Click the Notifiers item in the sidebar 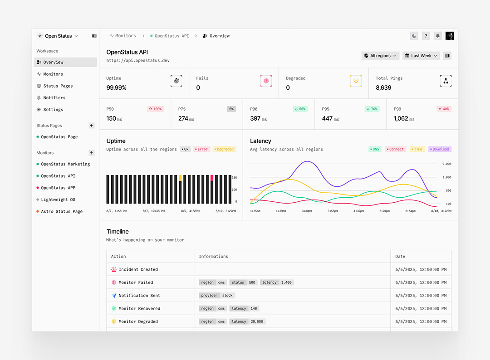[54, 97]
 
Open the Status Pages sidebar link [58, 86]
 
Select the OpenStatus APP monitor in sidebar [58, 188]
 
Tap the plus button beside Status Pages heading [92, 126]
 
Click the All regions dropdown [380, 56]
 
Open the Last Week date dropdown [421, 56]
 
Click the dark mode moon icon [414, 36]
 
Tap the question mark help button [426, 36]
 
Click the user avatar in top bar [450, 36]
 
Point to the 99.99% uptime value [117, 88]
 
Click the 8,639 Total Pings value [383, 88]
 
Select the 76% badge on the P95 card [372, 109]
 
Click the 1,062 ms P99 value [401, 118]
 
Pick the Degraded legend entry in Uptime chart [224, 149]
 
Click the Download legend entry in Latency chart [440, 149]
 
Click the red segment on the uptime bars [212, 178]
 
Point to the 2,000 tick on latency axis [446, 164]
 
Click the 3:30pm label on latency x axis [307, 211]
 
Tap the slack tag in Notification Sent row [227, 295]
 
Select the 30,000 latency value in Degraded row [257, 321]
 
